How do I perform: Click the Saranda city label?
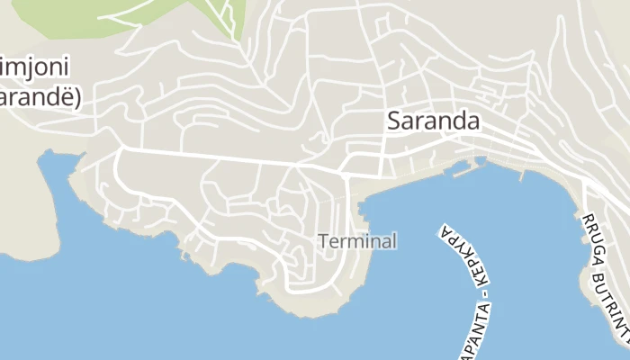click(432, 121)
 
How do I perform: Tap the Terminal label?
click(357, 241)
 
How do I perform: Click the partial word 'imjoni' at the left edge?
click(35, 67)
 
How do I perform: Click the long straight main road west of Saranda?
click(225, 157)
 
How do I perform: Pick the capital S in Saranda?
click(394, 122)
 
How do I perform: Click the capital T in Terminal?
click(323, 241)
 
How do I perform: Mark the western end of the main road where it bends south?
click(121, 149)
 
